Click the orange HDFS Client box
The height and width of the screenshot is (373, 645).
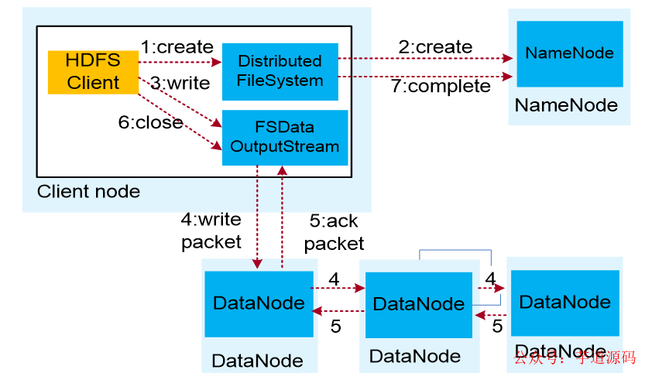click(93, 72)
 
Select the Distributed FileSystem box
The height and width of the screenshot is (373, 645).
click(280, 70)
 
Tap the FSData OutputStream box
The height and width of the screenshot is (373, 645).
click(285, 137)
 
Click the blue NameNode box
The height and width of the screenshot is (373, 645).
click(569, 53)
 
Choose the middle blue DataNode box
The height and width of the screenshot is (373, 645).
click(418, 304)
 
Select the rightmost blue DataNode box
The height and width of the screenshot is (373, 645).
click(564, 302)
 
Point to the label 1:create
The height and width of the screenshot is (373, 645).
click(177, 46)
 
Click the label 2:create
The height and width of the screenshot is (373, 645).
click(435, 47)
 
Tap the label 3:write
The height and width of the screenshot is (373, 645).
click(180, 82)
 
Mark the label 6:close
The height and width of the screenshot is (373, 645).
click(151, 123)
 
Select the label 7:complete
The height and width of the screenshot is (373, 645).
click(441, 86)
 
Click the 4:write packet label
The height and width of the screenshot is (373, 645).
click(211, 231)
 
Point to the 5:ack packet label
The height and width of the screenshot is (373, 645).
click(334, 232)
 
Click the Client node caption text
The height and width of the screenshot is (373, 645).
click(88, 191)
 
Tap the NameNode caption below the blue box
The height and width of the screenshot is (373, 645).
click(566, 105)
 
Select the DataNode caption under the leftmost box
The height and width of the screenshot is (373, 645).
click(257, 360)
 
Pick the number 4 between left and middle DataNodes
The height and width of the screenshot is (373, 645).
click(334, 279)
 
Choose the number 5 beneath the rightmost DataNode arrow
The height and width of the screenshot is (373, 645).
click(497, 326)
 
